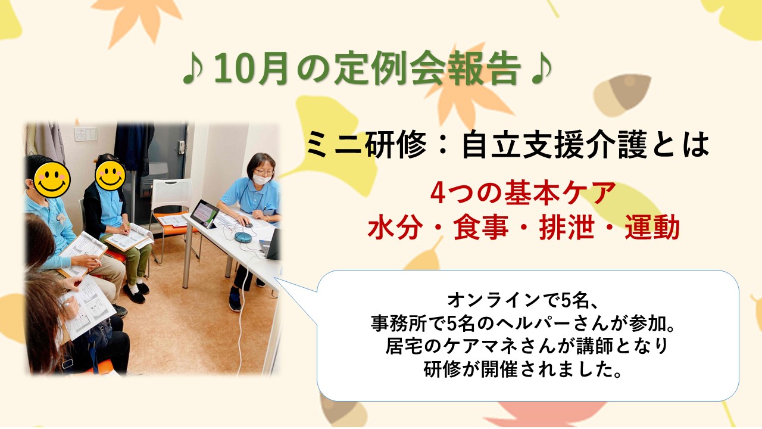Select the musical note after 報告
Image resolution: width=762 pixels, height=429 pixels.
coord(541,70)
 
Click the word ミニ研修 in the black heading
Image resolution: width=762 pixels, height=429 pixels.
coord(366,145)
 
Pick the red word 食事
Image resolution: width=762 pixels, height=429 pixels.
coord(481,228)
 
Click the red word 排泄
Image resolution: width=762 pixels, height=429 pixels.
coord(567,228)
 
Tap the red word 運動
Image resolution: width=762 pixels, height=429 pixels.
coord(652,228)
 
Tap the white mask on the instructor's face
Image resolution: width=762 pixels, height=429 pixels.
coord(261,179)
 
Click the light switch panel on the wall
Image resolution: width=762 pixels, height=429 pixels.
coord(86,134)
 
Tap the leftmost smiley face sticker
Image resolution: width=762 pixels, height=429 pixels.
coord(52,180)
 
